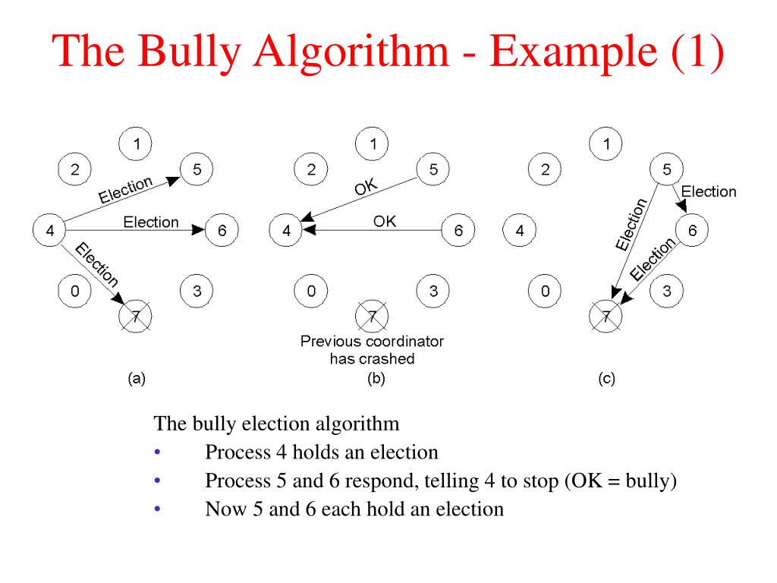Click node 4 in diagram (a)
tap(50, 231)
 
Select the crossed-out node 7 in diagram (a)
tap(136, 316)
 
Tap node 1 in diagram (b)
tap(373, 143)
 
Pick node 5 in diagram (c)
tap(666, 170)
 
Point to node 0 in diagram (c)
tap(544, 291)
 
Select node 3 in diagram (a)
tap(197, 291)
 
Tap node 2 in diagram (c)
tap(544, 170)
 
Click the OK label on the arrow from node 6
tap(385, 222)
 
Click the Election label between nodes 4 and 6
tap(151, 222)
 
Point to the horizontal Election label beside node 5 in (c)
tap(709, 191)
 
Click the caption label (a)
tap(137, 378)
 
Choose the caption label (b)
tap(376, 378)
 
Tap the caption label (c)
tap(606, 378)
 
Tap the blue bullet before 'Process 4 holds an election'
tap(157, 453)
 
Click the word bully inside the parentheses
tap(646, 481)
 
